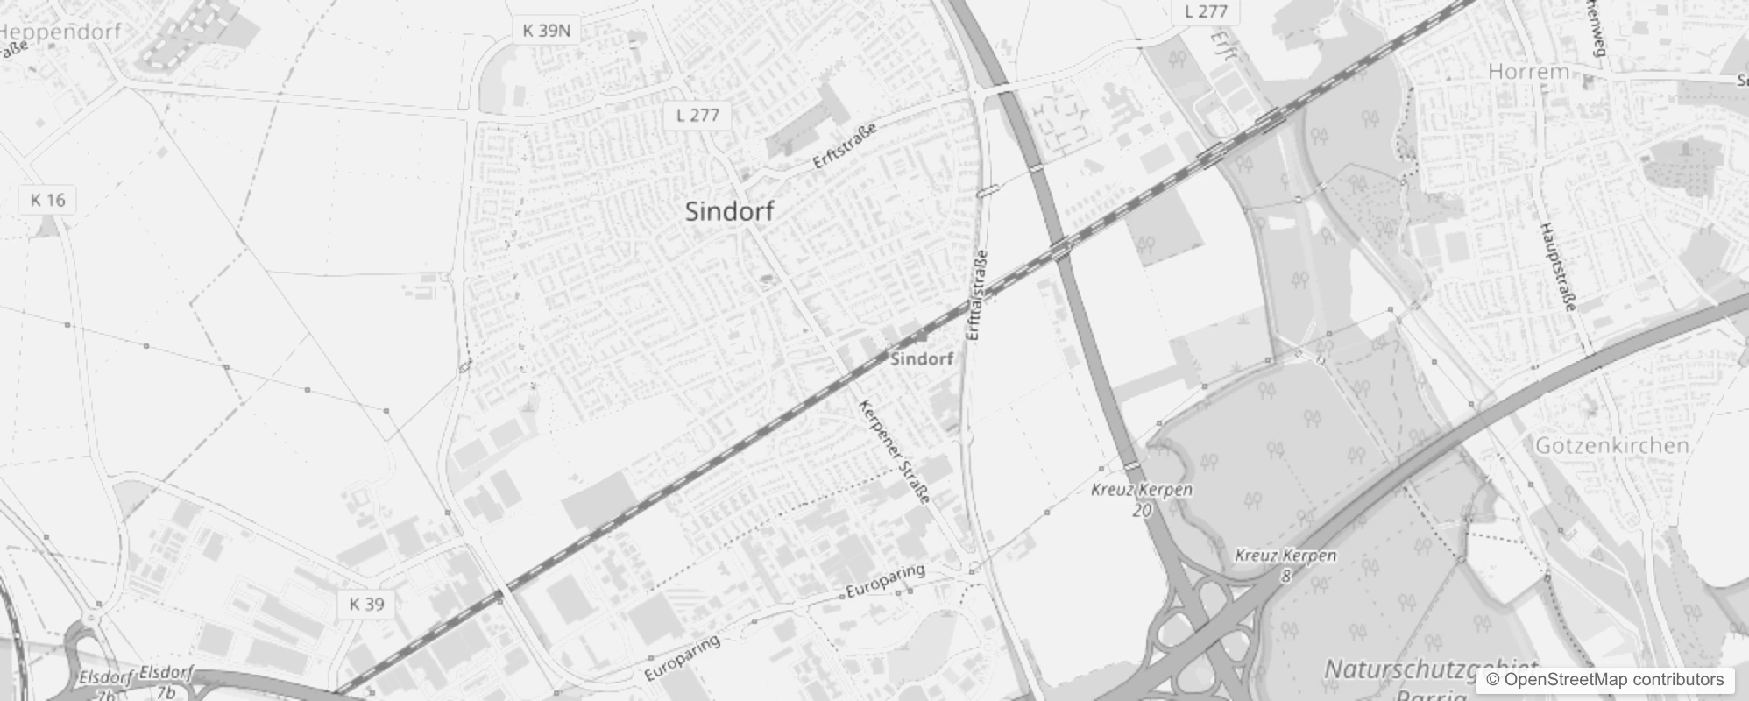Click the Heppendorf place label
(60, 32)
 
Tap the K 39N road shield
(546, 31)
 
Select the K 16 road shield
(47, 200)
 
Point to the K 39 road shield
(366, 604)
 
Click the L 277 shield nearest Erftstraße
(697, 115)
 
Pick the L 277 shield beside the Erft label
(1206, 11)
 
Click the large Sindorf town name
(730, 211)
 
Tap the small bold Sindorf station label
(922, 359)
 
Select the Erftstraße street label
(845, 147)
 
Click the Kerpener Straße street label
(894, 451)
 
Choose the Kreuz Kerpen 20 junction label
(1142, 499)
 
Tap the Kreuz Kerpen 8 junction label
(1285, 564)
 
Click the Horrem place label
(1528, 72)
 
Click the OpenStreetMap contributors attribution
(1604, 679)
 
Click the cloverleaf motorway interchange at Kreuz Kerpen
(1201, 622)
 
